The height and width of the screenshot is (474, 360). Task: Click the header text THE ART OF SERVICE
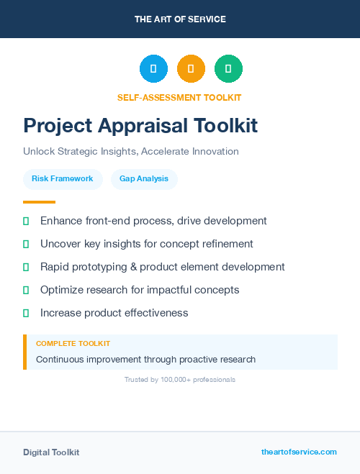click(180, 19)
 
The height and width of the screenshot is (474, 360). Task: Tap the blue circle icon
click(153, 69)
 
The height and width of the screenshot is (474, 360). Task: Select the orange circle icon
click(191, 69)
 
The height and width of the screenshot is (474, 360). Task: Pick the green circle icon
click(228, 69)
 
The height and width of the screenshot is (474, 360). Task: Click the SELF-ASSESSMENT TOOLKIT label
click(179, 97)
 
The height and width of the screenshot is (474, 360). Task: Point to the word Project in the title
click(57, 126)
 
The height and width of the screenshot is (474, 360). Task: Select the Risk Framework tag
click(63, 178)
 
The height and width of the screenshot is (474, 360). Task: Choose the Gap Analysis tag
click(144, 178)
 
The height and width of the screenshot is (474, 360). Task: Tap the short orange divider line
click(39, 202)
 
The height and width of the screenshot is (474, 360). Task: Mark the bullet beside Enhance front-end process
click(26, 221)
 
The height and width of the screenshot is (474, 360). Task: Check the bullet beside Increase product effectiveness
click(26, 313)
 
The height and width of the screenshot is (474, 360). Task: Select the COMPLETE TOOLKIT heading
click(73, 344)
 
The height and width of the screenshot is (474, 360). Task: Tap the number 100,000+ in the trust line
click(176, 379)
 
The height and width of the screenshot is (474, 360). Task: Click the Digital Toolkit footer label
click(51, 452)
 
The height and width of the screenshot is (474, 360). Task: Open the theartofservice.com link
click(299, 452)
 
